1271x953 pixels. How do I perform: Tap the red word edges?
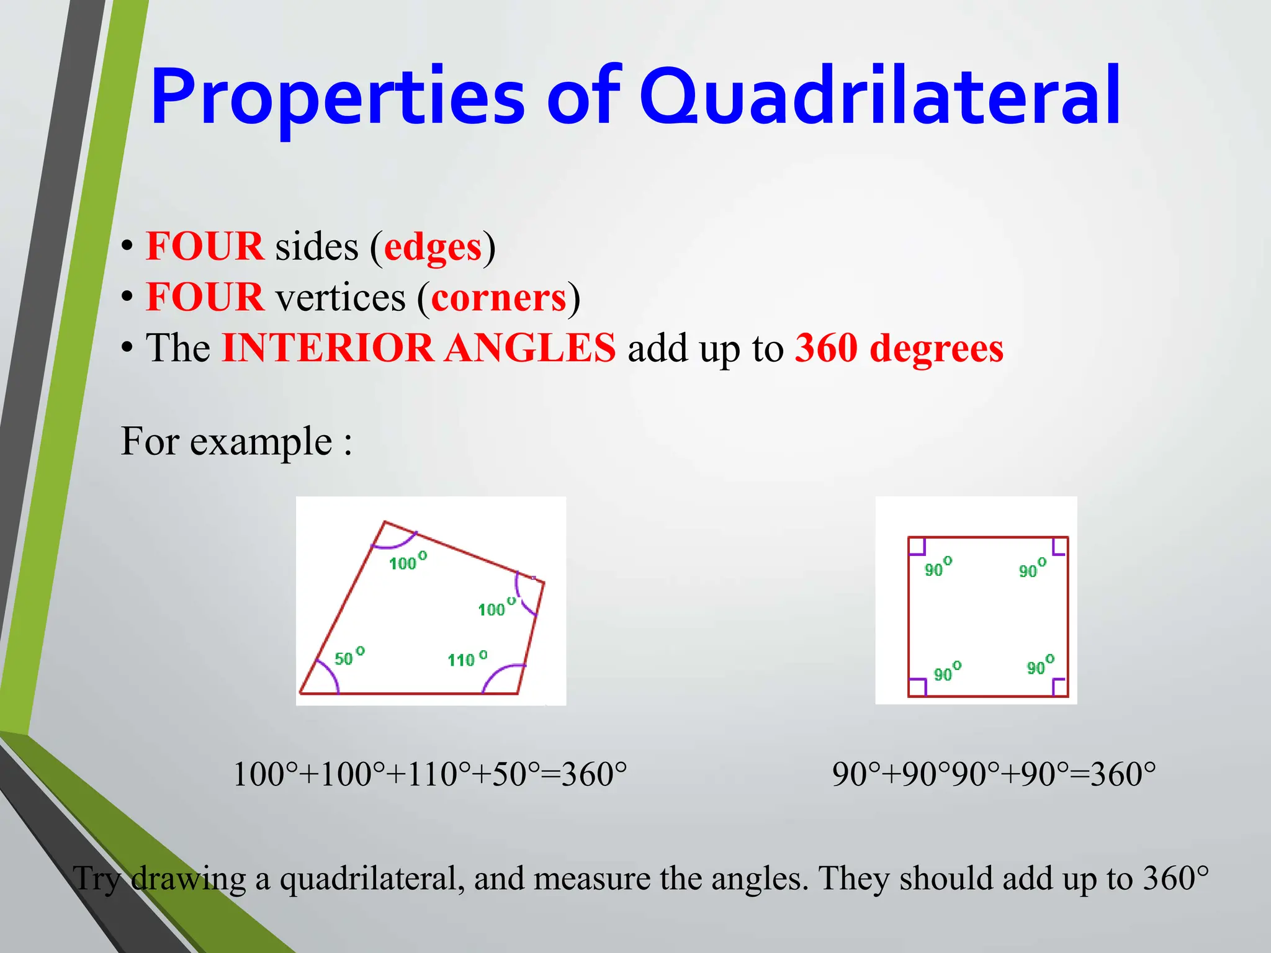coord(433,247)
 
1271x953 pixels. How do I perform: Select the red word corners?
coord(498,298)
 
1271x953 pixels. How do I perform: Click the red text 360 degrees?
coord(899,348)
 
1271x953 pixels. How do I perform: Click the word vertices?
coord(340,298)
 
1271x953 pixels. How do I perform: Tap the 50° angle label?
coord(349,656)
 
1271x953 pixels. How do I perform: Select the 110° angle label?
coord(467,658)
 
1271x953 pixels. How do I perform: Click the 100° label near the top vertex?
coord(407,562)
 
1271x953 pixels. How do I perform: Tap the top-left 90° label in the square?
coord(937,568)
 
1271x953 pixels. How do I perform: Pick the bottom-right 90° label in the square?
coord(1040,665)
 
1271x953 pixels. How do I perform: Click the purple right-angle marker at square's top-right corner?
coord(1059,547)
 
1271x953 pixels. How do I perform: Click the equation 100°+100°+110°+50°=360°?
coord(429,775)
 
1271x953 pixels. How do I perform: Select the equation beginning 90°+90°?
coord(994,775)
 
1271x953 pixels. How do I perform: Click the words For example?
coord(227,442)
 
